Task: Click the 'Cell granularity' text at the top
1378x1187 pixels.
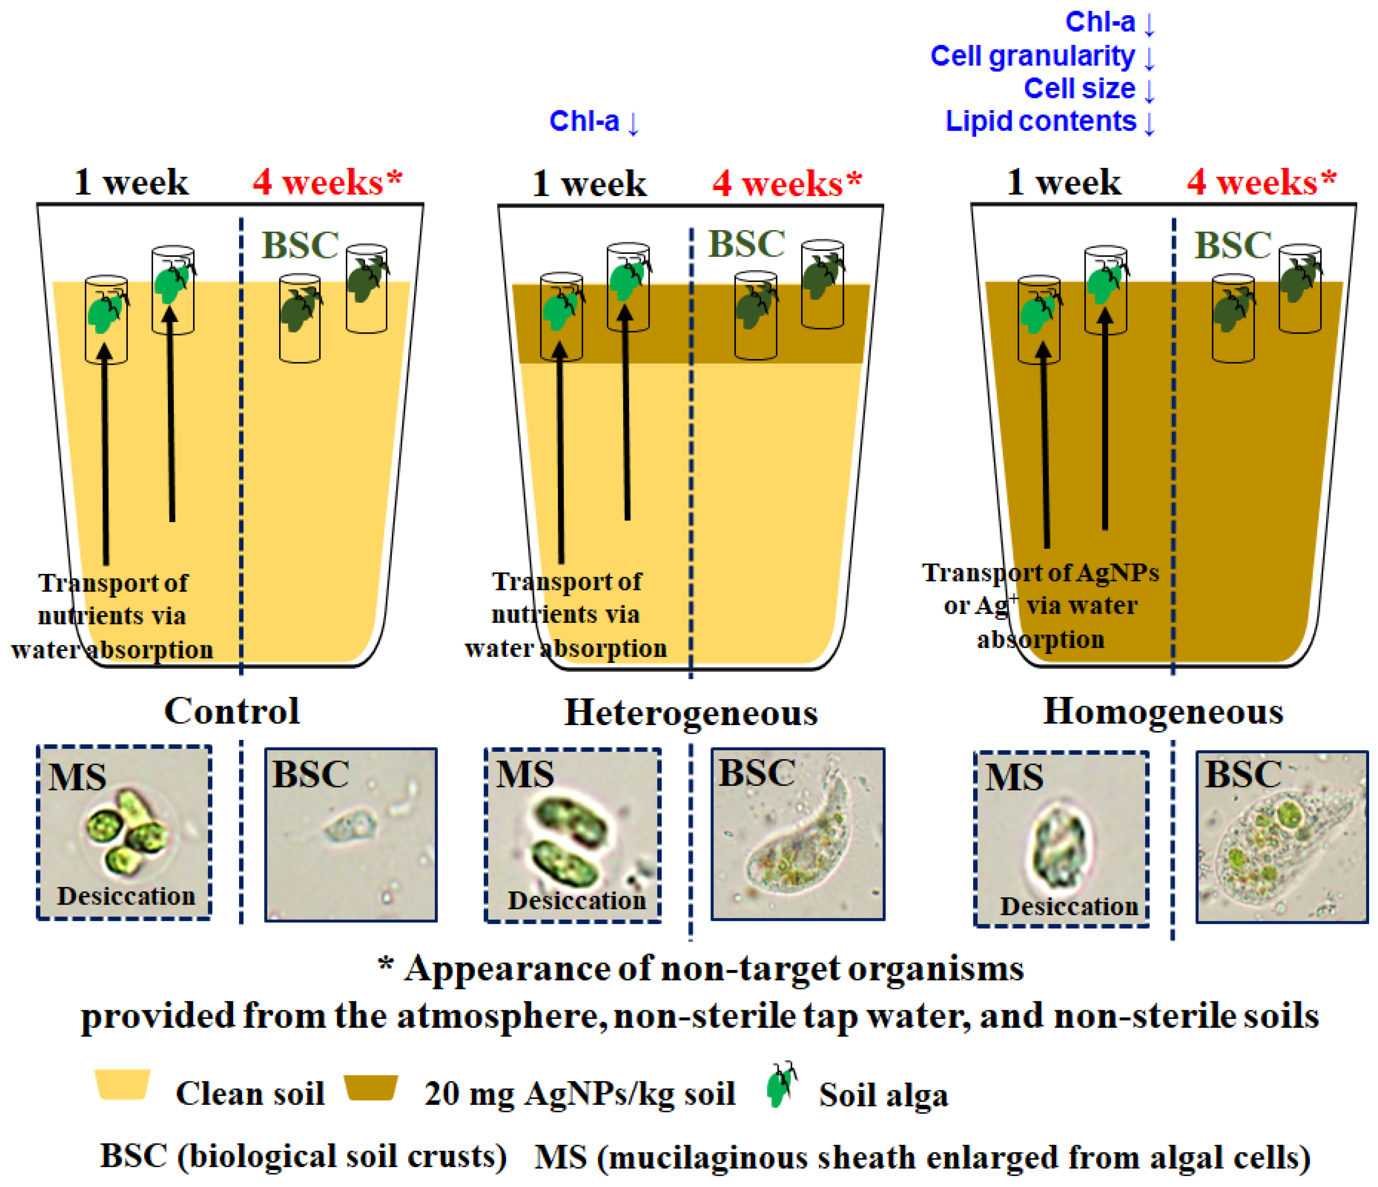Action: point(1032,56)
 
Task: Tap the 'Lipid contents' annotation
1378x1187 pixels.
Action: point(1041,122)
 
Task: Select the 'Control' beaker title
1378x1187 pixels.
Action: point(232,711)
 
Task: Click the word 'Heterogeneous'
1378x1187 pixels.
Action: point(691,713)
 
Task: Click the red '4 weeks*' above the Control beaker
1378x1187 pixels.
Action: point(327,182)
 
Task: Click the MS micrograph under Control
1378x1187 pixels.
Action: point(124,832)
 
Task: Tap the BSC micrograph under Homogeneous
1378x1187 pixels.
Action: point(1282,837)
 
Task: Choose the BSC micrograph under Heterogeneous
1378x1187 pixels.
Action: point(797,834)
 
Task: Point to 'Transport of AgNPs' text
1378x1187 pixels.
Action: point(1040,573)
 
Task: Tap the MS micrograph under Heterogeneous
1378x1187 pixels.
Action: point(572,836)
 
